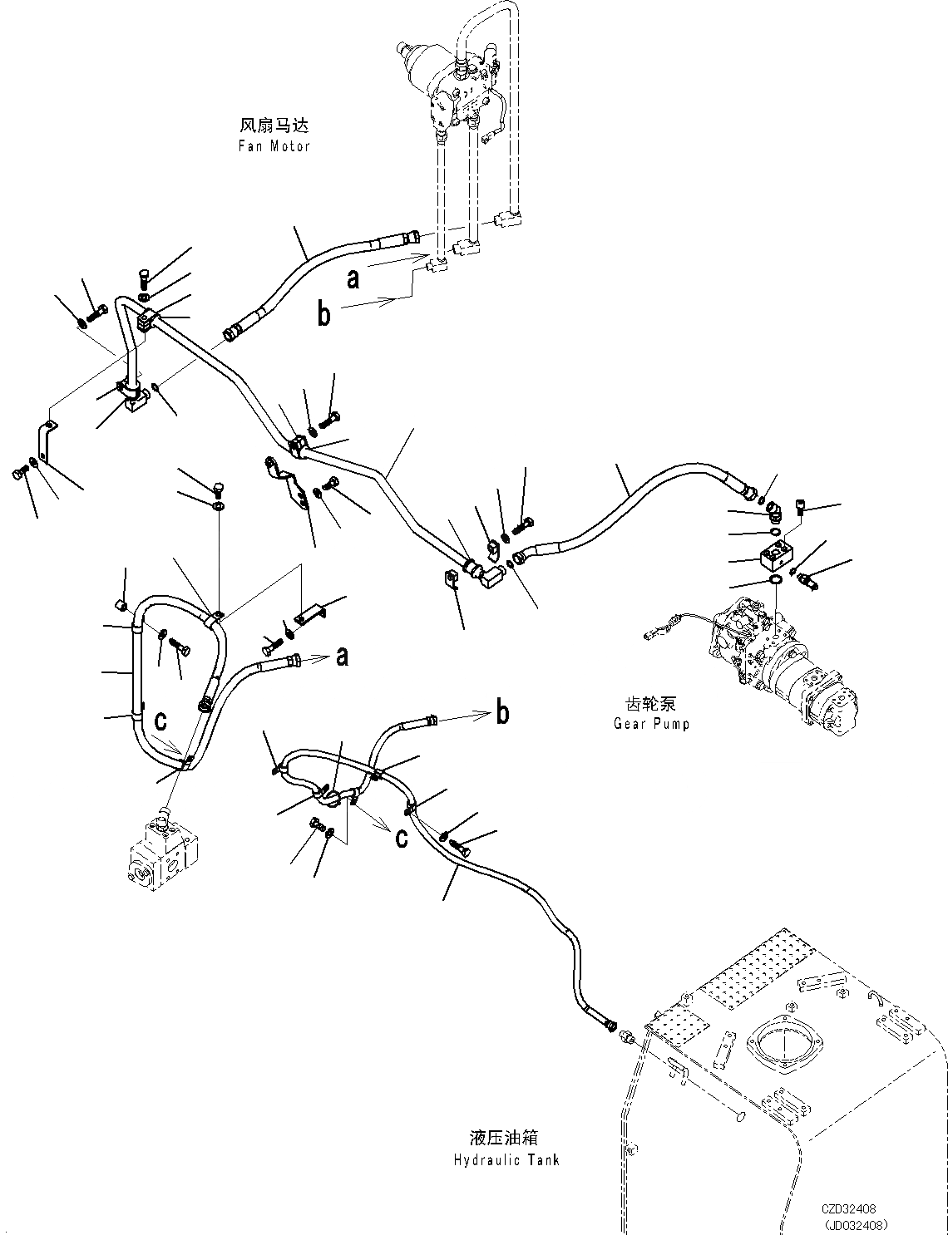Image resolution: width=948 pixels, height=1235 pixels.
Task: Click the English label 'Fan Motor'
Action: click(x=274, y=146)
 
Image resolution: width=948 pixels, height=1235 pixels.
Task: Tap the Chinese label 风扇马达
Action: click(x=274, y=126)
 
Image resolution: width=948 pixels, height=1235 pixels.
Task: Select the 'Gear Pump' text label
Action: click(x=651, y=723)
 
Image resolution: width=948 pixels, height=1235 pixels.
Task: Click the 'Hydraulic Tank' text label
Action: click(x=507, y=1160)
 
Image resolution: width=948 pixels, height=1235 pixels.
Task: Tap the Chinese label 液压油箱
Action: click(x=508, y=1139)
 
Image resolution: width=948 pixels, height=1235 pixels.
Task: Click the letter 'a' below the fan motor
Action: click(x=353, y=278)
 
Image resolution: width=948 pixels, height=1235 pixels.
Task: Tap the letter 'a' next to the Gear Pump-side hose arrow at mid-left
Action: click(x=342, y=657)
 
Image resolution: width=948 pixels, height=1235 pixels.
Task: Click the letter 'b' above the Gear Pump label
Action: click(x=502, y=712)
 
